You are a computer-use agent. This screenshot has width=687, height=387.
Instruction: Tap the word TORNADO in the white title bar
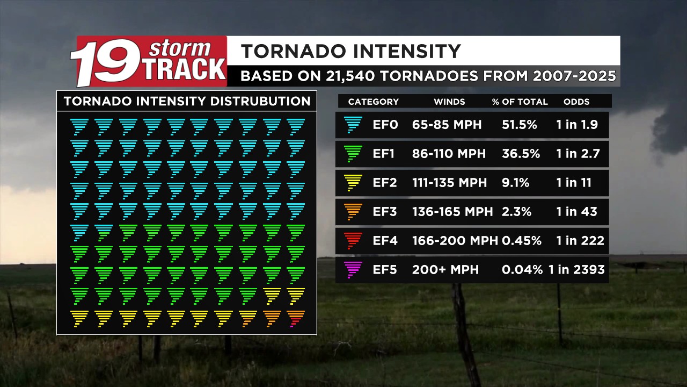(294, 51)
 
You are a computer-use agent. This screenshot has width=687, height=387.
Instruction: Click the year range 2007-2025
(574, 76)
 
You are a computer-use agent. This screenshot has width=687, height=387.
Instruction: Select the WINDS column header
(449, 102)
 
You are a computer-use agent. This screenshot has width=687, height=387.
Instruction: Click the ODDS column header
(576, 102)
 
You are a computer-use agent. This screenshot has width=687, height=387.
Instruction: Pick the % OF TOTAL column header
(520, 102)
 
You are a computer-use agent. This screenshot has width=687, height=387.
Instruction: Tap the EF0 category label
(385, 125)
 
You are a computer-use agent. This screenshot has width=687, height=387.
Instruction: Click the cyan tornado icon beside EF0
(353, 125)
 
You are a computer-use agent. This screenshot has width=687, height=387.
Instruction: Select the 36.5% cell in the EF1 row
(521, 154)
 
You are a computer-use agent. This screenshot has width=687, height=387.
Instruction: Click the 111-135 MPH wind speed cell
(449, 183)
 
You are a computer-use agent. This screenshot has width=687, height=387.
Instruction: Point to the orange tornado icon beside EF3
(353, 212)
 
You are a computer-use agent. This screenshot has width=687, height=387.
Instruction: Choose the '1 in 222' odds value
(580, 240)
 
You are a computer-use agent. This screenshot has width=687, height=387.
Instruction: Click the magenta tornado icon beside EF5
(353, 270)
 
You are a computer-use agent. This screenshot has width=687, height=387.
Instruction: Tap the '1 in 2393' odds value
(576, 270)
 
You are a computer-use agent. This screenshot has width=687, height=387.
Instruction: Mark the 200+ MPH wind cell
(445, 270)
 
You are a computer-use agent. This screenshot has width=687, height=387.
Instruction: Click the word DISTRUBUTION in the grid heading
(260, 102)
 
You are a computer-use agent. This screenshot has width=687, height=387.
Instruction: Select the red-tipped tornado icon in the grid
(296, 319)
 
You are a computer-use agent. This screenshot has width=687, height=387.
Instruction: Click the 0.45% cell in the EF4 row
(521, 240)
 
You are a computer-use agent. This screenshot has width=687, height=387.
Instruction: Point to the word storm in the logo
(179, 48)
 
